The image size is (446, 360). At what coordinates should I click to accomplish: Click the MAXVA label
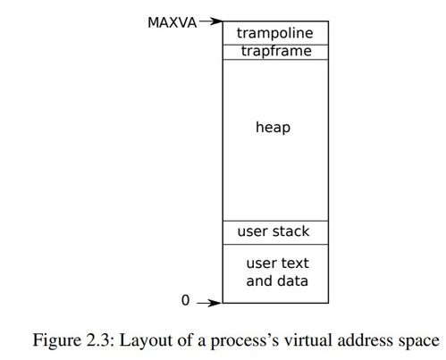(x=173, y=22)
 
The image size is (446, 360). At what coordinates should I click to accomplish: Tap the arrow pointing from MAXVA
(x=211, y=21)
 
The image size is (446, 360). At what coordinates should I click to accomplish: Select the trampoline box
(x=275, y=33)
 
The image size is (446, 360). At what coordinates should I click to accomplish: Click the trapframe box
(x=275, y=52)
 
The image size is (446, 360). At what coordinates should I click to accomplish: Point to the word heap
(x=273, y=128)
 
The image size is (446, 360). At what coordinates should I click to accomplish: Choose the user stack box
(x=275, y=232)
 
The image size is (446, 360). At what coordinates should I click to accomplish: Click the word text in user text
(x=294, y=264)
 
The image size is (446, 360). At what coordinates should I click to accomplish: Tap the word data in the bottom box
(x=293, y=280)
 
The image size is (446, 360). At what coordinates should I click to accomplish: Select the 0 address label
(x=185, y=300)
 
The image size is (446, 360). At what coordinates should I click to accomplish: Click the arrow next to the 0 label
(x=209, y=303)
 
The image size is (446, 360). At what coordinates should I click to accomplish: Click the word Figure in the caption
(x=57, y=340)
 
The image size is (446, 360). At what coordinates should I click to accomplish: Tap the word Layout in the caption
(x=146, y=340)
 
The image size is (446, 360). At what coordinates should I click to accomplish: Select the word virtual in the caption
(x=308, y=340)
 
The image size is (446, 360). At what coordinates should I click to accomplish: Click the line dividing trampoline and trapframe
(x=275, y=45)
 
